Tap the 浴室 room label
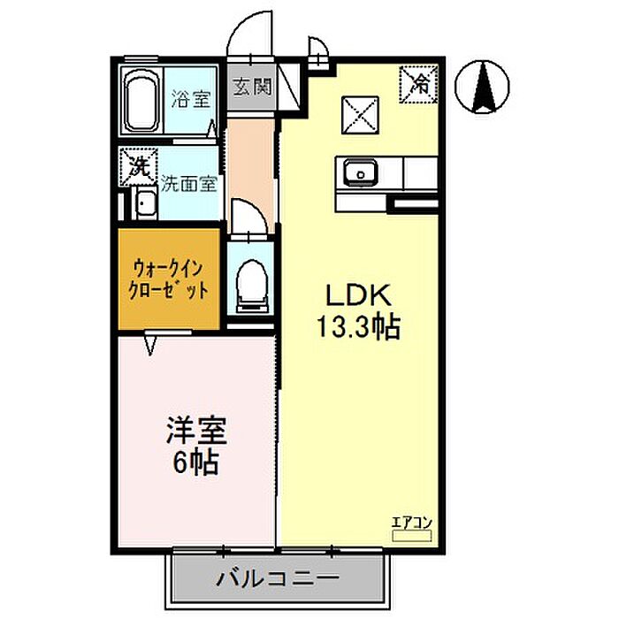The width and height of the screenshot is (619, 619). pyautogui.click(x=191, y=99)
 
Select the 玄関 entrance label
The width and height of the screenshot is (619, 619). pyautogui.click(x=252, y=87)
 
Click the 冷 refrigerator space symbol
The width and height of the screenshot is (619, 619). pyautogui.click(x=418, y=84)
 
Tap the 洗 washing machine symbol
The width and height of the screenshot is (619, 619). pyautogui.click(x=139, y=167)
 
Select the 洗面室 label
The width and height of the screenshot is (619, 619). pyautogui.click(x=189, y=184)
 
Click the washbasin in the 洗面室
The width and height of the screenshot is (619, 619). pyautogui.click(x=146, y=203)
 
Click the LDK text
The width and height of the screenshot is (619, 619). pyautogui.click(x=358, y=296)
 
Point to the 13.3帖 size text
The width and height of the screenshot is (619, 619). pyautogui.click(x=359, y=328)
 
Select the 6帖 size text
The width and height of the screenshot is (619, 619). pyautogui.click(x=195, y=462)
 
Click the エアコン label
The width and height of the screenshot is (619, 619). pyautogui.click(x=412, y=523)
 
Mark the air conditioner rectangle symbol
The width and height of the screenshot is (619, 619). pyautogui.click(x=412, y=536)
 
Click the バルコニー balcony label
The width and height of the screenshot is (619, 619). pyautogui.click(x=278, y=579)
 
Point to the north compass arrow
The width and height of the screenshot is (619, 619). pyautogui.click(x=483, y=87)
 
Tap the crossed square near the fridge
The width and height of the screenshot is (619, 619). pyautogui.click(x=360, y=115)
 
